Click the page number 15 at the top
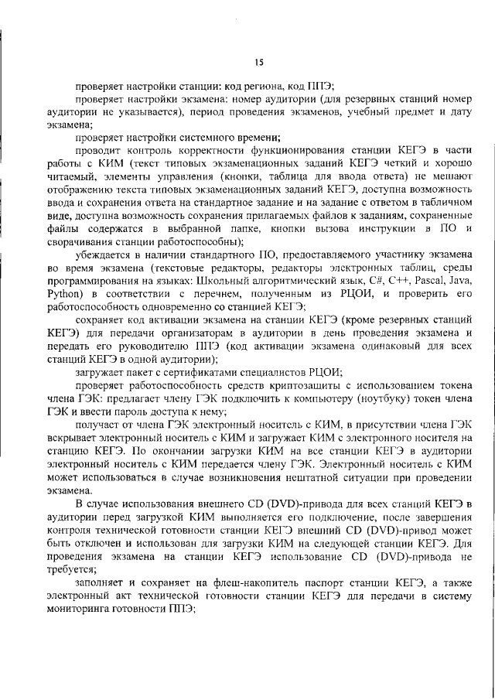258,63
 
